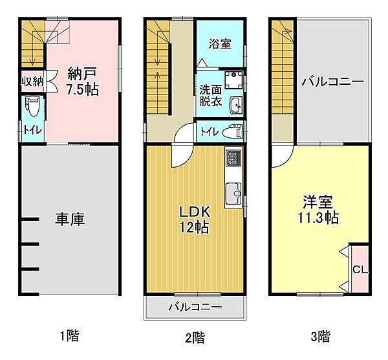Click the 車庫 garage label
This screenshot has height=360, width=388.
pyautogui.click(x=69, y=219)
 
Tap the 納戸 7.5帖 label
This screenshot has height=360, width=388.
pyautogui.click(x=82, y=82)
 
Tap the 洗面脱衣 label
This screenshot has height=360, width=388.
pyautogui.click(x=210, y=96)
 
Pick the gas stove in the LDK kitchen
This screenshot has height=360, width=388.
pyautogui.click(x=233, y=158)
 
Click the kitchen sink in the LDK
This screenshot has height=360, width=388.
pyautogui.click(x=233, y=192)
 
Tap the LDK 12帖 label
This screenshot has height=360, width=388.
pyautogui.click(x=194, y=219)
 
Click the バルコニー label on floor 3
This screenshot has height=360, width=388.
pyautogui.click(x=332, y=82)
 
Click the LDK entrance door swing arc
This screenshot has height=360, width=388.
pyautogui.click(x=181, y=155)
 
